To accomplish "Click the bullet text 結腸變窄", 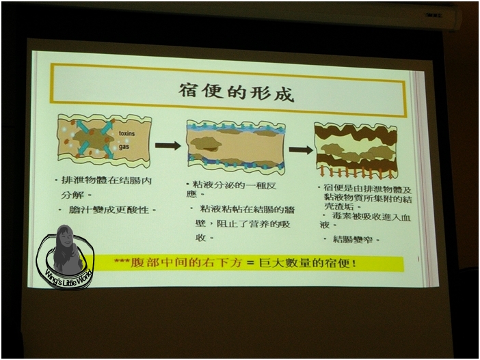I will click(x=354, y=240).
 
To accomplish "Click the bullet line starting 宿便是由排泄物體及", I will click(x=364, y=186).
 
